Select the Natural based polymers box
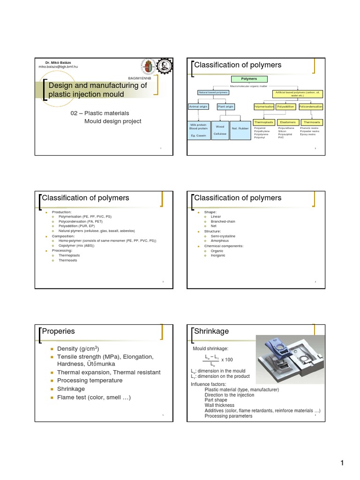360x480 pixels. (213, 93)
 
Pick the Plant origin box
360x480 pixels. (225, 107)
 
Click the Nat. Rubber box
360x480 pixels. (240, 128)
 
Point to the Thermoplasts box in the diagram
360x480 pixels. (263, 122)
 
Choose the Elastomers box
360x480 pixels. (287, 122)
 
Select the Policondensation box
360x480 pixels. (311, 107)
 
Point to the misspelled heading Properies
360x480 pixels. (59, 331)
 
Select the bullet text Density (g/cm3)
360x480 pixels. (78, 349)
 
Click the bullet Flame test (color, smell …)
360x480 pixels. (94, 397)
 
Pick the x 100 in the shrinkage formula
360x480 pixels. (227, 359)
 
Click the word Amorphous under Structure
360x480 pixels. (220, 241)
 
